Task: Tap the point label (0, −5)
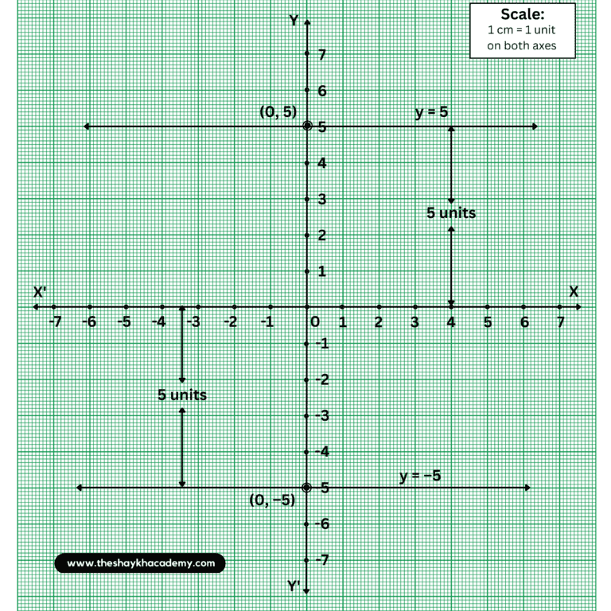pos(271,500)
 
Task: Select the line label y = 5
pos(432,113)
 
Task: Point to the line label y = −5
pos(420,476)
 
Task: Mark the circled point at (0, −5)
pos(307,488)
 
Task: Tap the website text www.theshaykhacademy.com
pos(141,563)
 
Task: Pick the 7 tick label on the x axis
pos(560,322)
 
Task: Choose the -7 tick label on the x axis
pos(54,322)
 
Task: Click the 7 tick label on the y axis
pos(321,54)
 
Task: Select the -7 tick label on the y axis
pos(323,560)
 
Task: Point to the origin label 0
pos(315,322)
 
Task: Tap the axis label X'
pos(40,293)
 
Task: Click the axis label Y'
pos(294,586)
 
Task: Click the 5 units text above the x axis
pos(451,213)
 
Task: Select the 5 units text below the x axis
pos(182,395)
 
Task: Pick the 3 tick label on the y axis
pos(321,199)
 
